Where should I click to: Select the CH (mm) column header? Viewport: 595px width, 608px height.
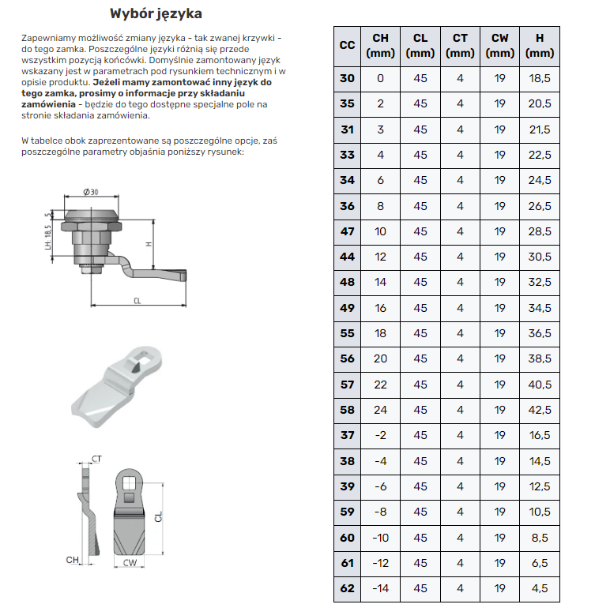pos(380,45)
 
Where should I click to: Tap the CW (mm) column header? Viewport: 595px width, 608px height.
pos(499,45)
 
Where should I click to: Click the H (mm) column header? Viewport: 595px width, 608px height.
pos(539,45)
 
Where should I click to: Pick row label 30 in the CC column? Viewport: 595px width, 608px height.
pos(348,78)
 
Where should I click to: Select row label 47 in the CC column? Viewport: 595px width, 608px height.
pos(348,231)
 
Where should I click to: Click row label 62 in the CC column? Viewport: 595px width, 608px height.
pos(348,588)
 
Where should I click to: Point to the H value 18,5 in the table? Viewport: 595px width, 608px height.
pos(539,78)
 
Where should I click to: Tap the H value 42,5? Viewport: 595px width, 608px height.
pos(539,410)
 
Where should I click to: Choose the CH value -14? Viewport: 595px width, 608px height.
pos(380,588)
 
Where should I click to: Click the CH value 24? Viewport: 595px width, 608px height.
pos(380,410)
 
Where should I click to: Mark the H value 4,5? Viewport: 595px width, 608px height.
pos(539,588)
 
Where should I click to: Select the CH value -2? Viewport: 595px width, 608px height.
pos(380,435)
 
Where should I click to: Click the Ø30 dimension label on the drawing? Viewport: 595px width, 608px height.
pos(90,192)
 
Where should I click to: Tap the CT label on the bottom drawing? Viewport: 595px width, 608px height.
pos(96,458)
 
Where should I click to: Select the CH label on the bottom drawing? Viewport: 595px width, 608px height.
pos(73,559)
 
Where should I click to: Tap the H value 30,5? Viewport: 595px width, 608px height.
pos(539,257)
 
